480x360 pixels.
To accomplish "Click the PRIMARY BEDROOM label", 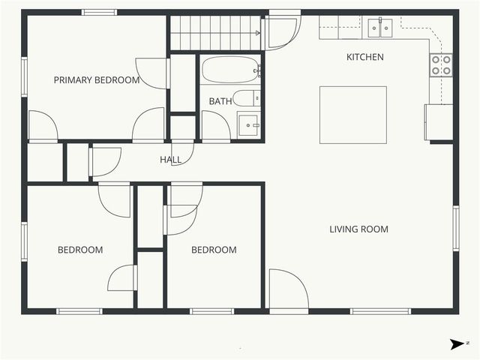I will pyautogui.click(x=97, y=80).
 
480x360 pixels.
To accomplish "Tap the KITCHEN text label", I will pyautogui.click(x=364, y=57).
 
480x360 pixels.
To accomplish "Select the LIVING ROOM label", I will pyautogui.click(x=358, y=229).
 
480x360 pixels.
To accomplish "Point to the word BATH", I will pyautogui.click(x=220, y=101).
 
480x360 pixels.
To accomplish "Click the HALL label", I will pyautogui.click(x=170, y=160).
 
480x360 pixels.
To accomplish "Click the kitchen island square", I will pyautogui.click(x=353, y=114).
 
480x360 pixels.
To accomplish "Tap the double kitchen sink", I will pyautogui.click(x=380, y=28).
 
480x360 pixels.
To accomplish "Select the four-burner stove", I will pyautogui.click(x=441, y=65).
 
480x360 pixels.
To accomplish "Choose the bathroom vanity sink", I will pyautogui.click(x=248, y=124).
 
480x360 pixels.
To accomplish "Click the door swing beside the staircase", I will pyautogui.click(x=282, y=32).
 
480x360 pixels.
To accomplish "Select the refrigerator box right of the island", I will pyautogui.click(x=439, y=122).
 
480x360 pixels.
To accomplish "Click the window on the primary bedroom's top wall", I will pyautogui.click(x=98, y=12).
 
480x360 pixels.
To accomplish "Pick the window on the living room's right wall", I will pyautogui.click(x=455, y=228).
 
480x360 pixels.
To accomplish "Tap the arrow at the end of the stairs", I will pyautogui.click(x=257, y=33).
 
